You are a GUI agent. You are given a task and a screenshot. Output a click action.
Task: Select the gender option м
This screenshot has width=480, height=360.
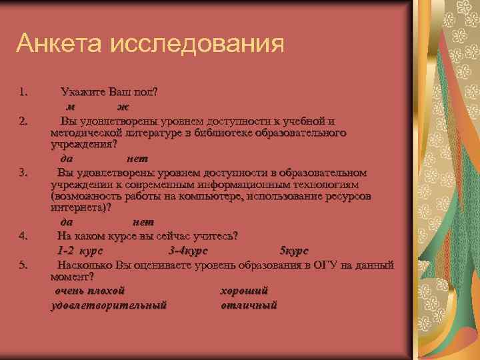[x=69, y=107]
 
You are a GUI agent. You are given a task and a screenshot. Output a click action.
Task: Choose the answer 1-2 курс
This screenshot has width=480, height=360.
[x=79, y=251]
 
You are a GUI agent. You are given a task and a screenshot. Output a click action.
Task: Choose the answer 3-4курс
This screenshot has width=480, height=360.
[x=189, y=251]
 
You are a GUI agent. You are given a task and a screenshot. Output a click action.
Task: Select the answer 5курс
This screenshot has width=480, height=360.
[x=294, y=251]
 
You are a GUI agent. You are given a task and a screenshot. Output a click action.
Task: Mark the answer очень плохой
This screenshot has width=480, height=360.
[x=89, y=291]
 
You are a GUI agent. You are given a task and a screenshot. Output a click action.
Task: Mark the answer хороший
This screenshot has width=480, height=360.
[x=244, y=291]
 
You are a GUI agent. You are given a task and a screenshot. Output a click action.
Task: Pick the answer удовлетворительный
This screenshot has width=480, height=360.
[x=109, y=305]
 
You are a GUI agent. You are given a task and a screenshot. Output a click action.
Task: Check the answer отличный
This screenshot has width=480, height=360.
[x=249, y=305]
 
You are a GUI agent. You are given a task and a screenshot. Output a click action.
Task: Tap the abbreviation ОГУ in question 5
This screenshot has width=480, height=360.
[x=316, y=265]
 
